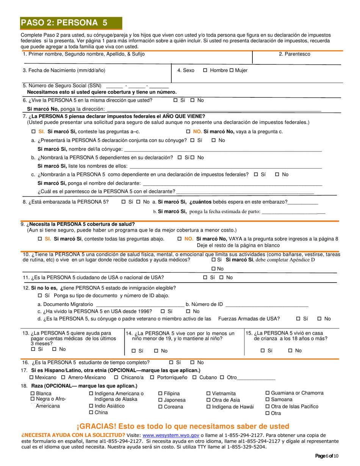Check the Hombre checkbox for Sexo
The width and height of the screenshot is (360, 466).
[205, 70]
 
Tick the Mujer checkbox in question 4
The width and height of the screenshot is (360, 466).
[232, 70]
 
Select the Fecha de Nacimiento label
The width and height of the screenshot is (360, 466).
[64, 70]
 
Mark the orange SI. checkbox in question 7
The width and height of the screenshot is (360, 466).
[33, 132]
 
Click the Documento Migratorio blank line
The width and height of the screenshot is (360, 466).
[140, 305]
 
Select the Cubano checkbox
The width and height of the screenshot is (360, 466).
[194, 378]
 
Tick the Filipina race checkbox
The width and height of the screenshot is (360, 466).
[160, 394]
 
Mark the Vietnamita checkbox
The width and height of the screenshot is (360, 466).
[208, 394]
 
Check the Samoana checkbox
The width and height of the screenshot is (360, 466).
[268, 400]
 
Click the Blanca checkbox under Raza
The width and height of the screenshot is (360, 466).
[32, 394]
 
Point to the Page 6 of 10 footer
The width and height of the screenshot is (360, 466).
[327, 456]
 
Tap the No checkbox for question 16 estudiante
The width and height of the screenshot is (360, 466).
[192, 363]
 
